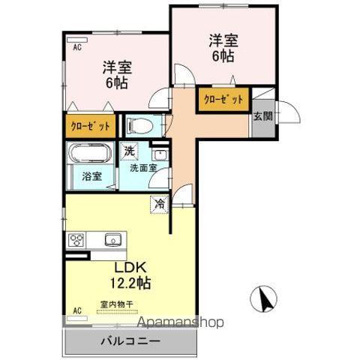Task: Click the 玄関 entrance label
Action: (x=262, y=116)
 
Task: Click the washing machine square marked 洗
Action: (x=130, y=150)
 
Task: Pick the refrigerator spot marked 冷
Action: (x=160, y=202)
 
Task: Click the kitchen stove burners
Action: (x=76, y=240)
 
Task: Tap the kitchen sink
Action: (x=112, y=240)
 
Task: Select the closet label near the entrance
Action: (x=223, y=100)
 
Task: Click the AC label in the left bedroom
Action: (x=76, y=47)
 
